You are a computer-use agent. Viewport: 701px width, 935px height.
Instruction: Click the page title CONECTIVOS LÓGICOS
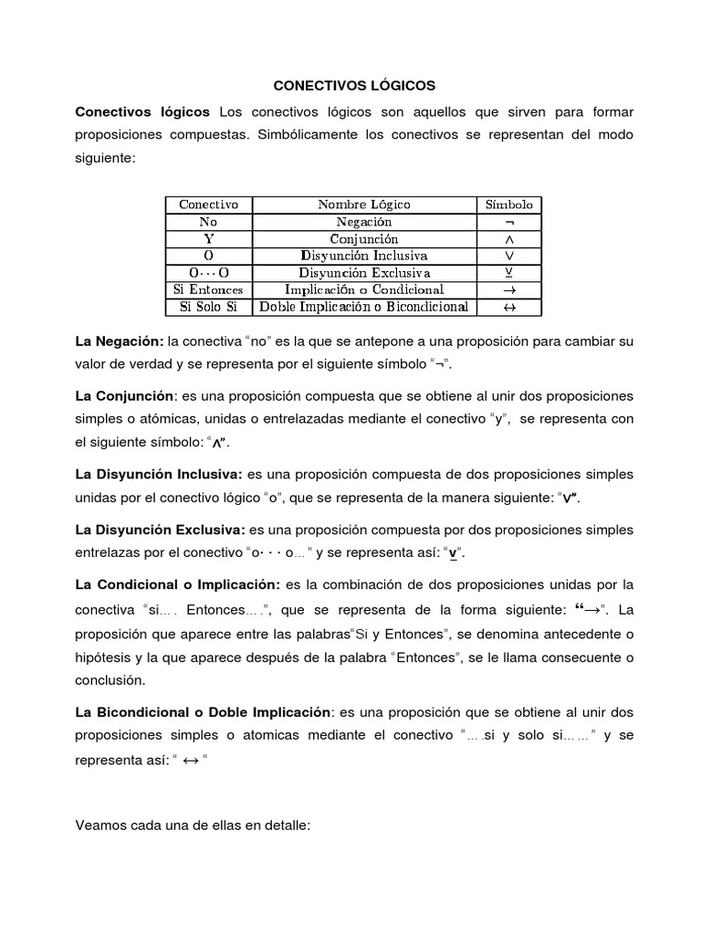[x=355, y=86]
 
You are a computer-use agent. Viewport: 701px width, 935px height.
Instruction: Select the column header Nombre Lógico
[x=364, y=205]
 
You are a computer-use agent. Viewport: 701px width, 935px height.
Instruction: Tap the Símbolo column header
[x=509, y=205]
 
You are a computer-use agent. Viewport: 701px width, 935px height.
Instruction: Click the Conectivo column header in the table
[x=208, y=205]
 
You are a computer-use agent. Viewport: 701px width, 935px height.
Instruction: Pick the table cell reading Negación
[x=364, y=222]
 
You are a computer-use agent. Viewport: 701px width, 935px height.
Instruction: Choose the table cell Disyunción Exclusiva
[x=364, y=273]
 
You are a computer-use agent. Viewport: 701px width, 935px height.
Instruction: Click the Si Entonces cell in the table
[x=208, y=289]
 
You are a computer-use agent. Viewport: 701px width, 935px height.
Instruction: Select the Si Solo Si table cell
[x=208, y=307]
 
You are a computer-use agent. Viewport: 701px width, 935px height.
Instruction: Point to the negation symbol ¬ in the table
[x=509, y=223]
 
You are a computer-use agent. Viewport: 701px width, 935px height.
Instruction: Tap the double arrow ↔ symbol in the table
[x=509, y=308]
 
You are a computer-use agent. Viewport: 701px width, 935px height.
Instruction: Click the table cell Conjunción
[x=364, y=238]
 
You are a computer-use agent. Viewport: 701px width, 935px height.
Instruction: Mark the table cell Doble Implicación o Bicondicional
[x=364, y=307]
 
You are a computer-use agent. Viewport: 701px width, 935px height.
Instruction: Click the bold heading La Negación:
[x=119, y=341]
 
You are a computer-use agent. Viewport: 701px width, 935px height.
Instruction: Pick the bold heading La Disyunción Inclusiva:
[x=159, y=475]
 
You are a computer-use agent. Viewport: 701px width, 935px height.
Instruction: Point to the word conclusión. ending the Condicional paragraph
[x=110, y=679]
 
